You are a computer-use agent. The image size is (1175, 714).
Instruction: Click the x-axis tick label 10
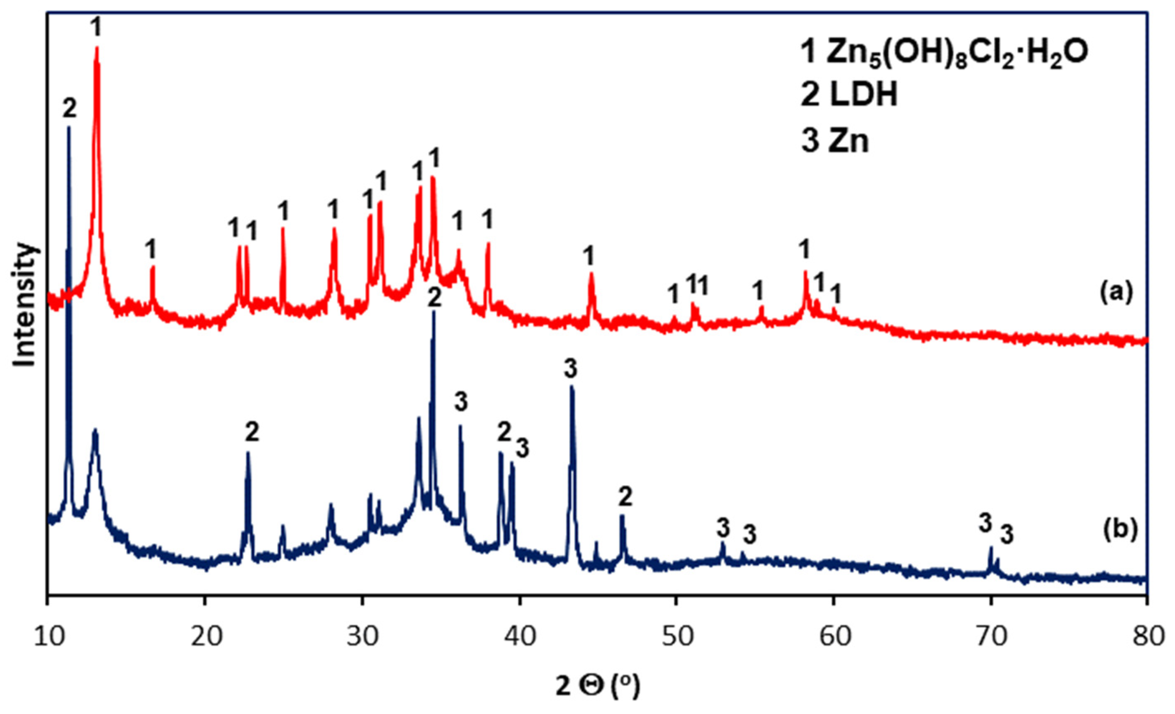[48, 637]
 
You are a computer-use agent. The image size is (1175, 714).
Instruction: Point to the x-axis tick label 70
[991, 637]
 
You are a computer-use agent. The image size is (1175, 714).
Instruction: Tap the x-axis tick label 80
[1147, 637]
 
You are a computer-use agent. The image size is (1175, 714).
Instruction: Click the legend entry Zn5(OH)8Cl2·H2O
[944, 52]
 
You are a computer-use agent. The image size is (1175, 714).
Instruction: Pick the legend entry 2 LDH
[849, 95]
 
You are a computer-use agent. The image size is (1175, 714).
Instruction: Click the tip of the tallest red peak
[97, 48]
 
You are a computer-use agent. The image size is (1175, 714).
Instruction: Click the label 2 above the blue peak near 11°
[70, 109]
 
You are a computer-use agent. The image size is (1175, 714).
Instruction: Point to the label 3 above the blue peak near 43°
[570, 369]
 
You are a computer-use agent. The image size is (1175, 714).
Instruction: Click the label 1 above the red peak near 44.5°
[589, 256]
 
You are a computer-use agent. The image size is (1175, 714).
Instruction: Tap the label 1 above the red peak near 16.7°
[151, 249]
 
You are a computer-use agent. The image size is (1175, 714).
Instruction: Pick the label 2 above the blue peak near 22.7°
[252, 433]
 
